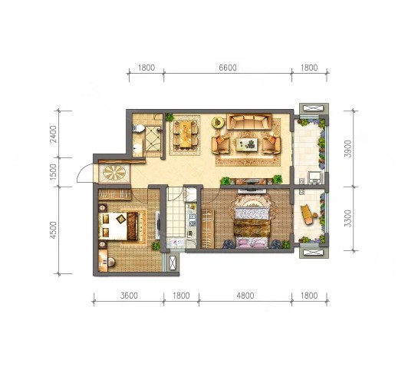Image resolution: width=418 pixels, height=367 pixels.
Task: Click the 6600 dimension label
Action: (228, 68)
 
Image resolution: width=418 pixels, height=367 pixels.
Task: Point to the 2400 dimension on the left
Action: (54, 134)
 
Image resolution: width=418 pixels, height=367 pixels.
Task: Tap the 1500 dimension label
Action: (54, 172)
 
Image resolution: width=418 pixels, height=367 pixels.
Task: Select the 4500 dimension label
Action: (54, 230)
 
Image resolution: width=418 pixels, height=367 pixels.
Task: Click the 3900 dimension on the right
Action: (348, 148)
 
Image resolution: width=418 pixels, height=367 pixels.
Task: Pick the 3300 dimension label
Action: (348, 218)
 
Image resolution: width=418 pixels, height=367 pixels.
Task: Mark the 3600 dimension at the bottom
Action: (129, 296)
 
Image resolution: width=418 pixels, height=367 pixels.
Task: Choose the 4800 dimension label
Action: (245, 296)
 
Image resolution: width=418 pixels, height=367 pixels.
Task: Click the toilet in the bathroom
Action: (138, 128)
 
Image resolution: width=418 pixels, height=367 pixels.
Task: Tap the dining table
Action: (186, 134)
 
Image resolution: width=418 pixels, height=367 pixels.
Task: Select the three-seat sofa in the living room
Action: (249, 121)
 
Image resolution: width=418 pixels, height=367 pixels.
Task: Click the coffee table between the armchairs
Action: (247, 144)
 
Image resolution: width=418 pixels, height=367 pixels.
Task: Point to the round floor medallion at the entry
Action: (114, 173)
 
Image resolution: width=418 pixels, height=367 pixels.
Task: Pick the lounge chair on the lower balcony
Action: (308, 214)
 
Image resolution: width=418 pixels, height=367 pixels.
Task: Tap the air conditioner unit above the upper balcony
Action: (314, 108)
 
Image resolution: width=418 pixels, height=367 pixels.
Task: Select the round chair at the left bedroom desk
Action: (111, 262)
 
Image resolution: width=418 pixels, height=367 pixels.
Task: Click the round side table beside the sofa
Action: (219, 123)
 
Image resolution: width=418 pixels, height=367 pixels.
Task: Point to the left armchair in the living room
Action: (220, 144)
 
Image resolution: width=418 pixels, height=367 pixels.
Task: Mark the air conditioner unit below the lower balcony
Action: (314, 253)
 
